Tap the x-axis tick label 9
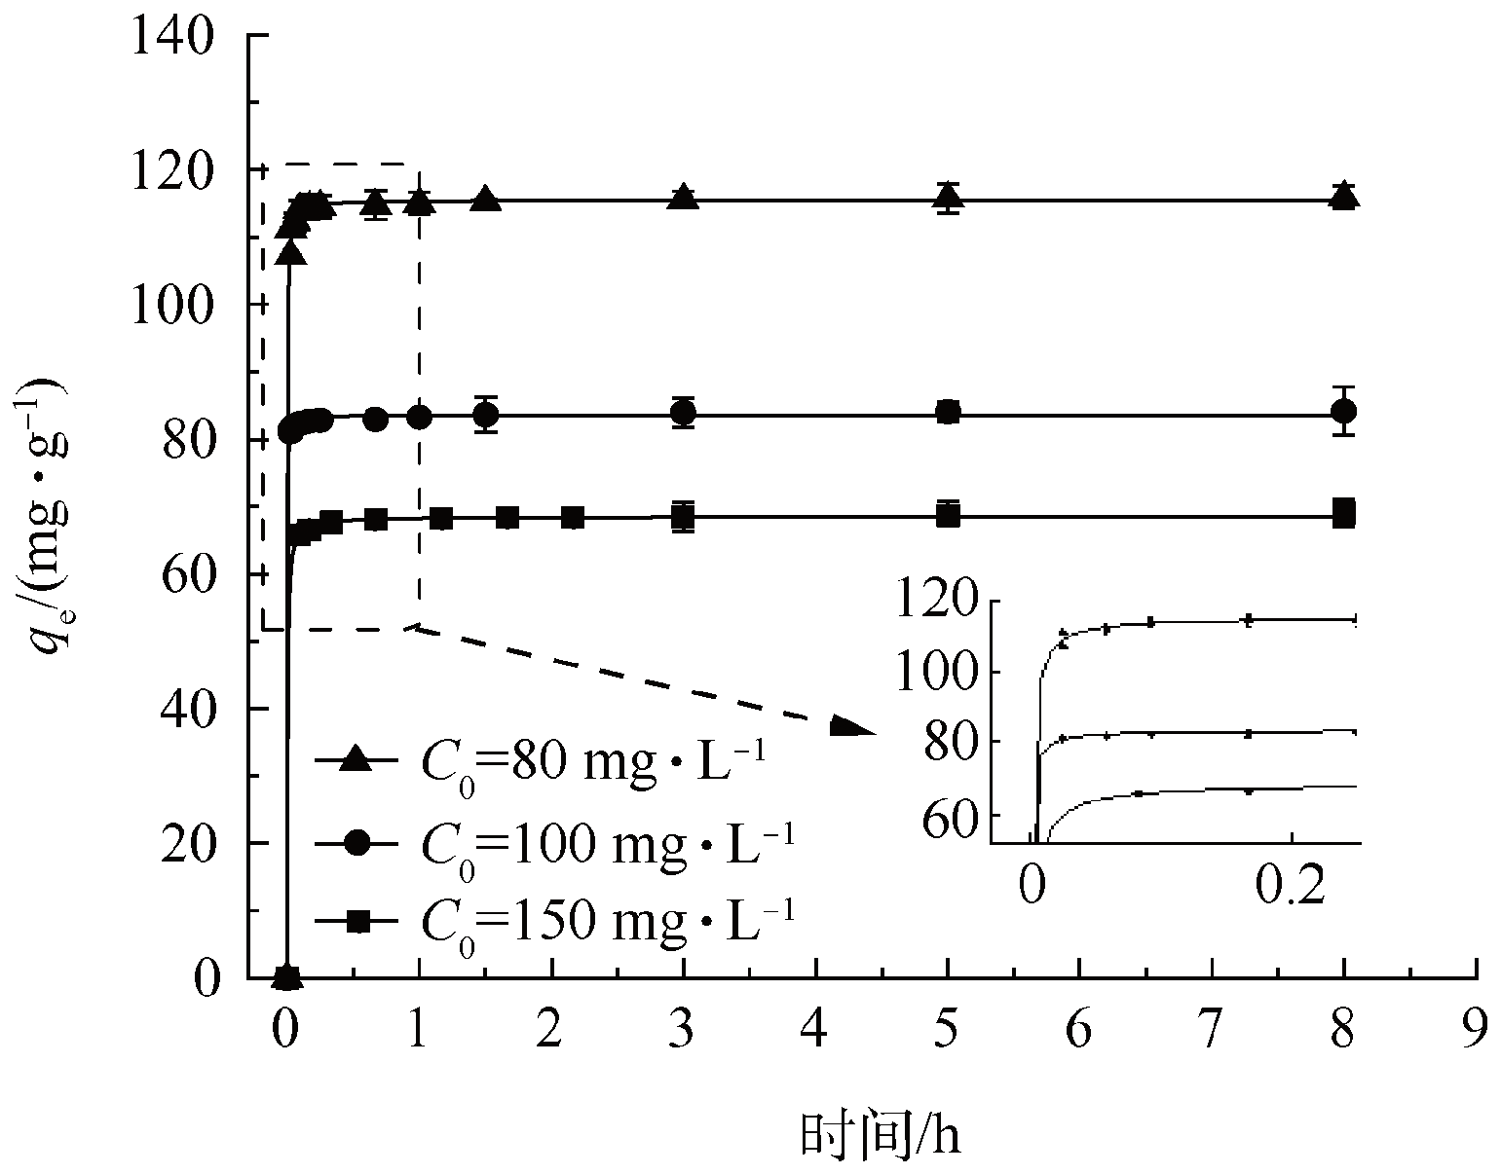click(1477, 1030)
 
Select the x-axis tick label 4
click(815, 1030)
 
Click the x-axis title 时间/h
click(881, 1134)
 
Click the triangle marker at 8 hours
click(1344, 196)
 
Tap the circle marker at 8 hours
click(1344, 412)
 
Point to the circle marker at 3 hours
click(684, 413)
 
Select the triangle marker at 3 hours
click(684, 197)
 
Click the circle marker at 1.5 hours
click(486, 415)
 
